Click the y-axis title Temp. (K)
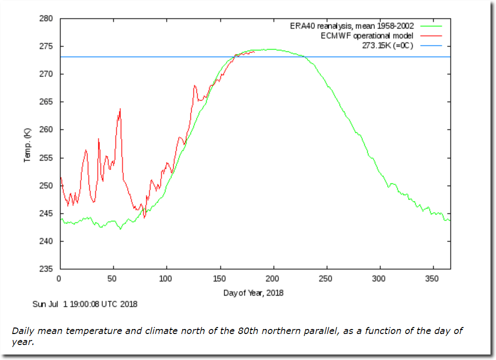click(x=27, y=144)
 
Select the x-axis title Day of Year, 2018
click(x=253, y=293)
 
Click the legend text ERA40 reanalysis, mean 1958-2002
click(x=352, y=26)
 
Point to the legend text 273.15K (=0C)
click(x=388, y=46)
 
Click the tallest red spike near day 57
click(x=120, y=109)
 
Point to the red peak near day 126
click(x=194, y=86)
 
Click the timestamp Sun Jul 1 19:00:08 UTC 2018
click(x=84, y=303)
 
